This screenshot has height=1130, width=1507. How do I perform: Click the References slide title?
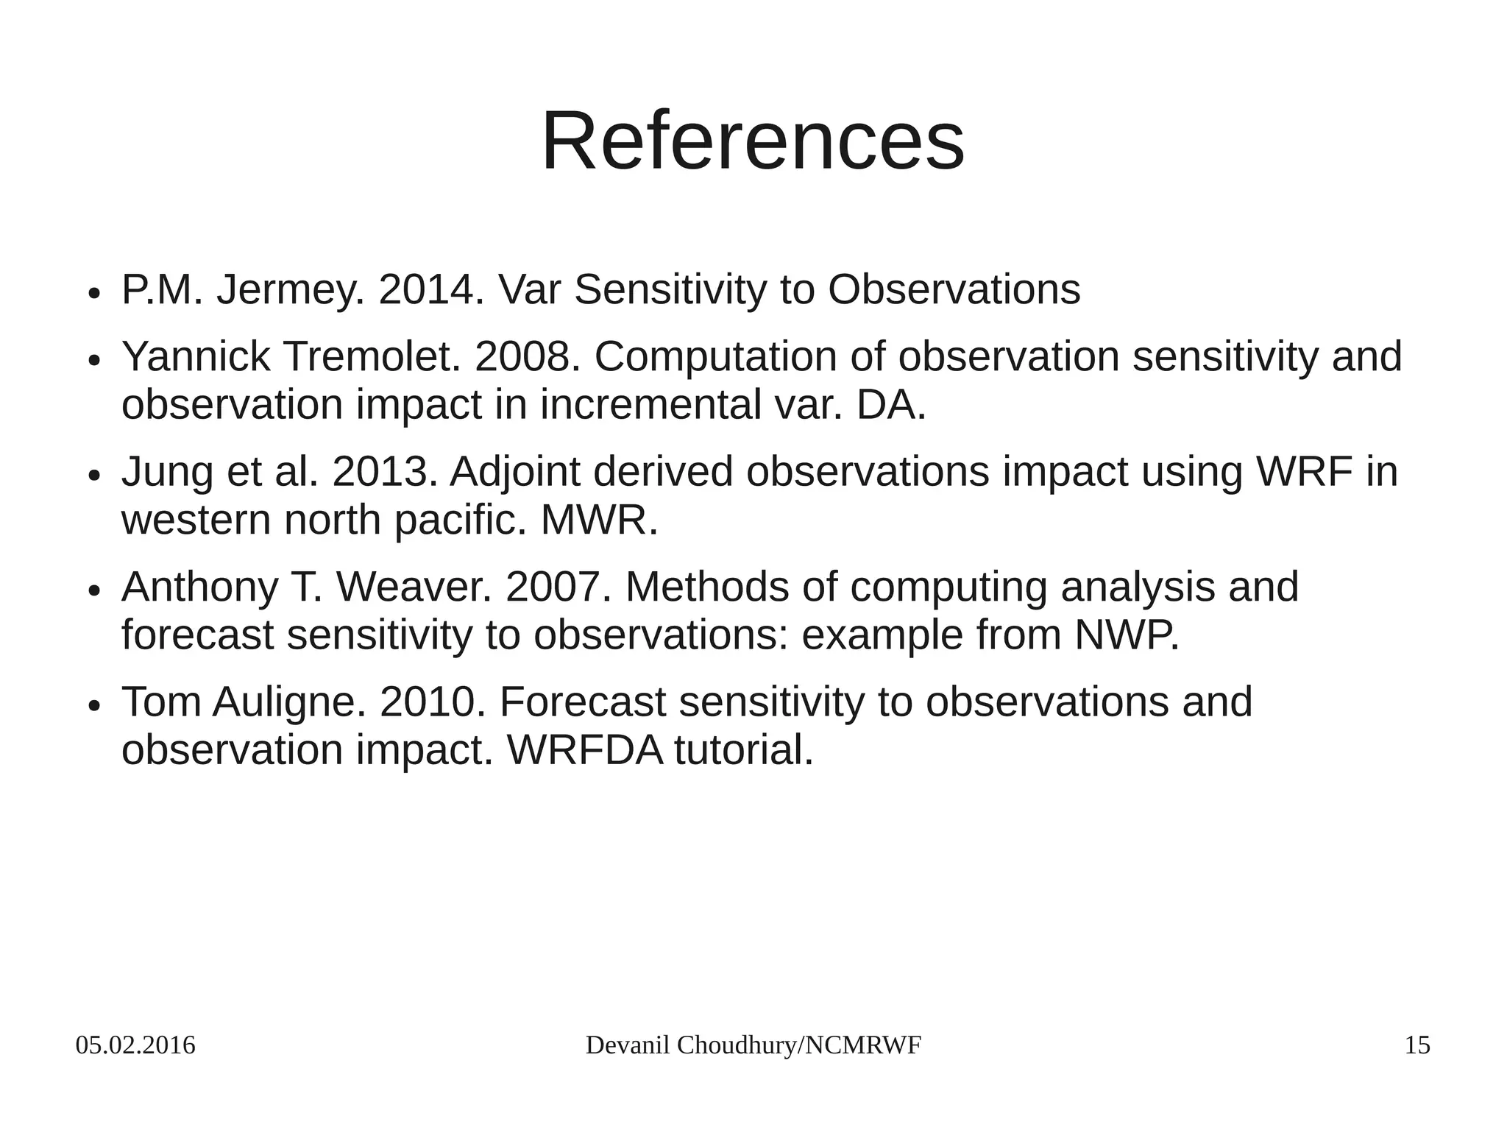pyautogui.click(x=753, y=141)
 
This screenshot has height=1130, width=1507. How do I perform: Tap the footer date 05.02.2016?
pyautogui.click(x=135, y=1045)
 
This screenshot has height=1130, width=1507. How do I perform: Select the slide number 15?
pyautogui.click(x=1417, y=1045)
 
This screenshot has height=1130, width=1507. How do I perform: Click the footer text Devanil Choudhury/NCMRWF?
pyautogui.click(x=753, y=1045)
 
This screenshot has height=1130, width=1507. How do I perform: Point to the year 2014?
pyautogui.click(x=430, y=289)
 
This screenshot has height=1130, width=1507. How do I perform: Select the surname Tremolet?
pyautogui.click(x=372, y=357)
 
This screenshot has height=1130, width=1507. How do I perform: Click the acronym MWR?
pyautogui.click(x=598, y=520)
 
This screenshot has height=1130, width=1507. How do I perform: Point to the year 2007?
pyautogui.click(x=558, y=587)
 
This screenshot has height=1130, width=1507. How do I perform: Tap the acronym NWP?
pyautogui.click(x=1125, y=635)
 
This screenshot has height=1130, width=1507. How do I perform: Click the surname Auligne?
pyautogui.click(x=288, y=702)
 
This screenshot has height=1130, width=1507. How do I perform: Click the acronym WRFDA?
pyautogui.click(x=585, y=750)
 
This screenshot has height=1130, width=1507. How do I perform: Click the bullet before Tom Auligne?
pyautogui.click(x=93, y=705)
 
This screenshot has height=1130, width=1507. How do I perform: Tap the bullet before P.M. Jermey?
pyautogui.click(x=93, y=293)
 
